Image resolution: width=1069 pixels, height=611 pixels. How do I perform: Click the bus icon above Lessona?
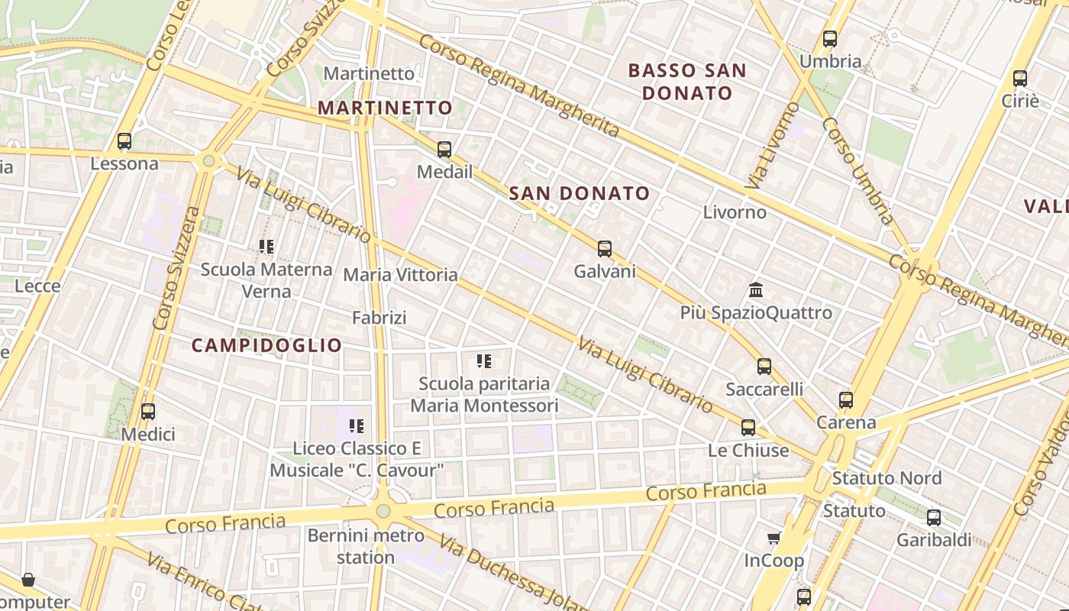pyautogui.click(x=124, y=141)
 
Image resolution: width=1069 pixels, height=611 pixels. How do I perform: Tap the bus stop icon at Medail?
pyautogui.click(x=444, y=150)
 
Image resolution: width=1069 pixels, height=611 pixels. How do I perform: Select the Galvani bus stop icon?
pyautogui.click(x=605, y=249)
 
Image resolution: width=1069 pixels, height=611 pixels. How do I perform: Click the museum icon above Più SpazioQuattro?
pyautogui.click(x=756, y=290)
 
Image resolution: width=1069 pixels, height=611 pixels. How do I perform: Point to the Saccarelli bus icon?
pyautogui.click(x=764, y=367)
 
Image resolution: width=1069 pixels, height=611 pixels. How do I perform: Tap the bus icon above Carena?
pyautogui.click(x=846, y=399)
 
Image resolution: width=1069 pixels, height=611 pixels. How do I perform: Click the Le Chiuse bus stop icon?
pyautogui.click(x=748, y=428)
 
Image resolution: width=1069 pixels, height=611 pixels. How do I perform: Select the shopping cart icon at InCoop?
pyautogui.click(x=774, y=538)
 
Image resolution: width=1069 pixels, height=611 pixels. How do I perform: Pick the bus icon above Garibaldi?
pyautogui.click(x=934, y=518)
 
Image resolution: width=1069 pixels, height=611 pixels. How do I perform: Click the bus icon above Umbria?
pyautogui.click(x=830, y=39)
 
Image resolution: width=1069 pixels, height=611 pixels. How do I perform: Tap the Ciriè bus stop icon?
pyautogui.click(x=1020, y=78)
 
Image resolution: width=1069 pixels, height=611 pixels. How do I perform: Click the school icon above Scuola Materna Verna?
pyautogui.click(x=266, y=247)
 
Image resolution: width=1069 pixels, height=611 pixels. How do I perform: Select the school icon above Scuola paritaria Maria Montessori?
pyautogui.click(x=484, y=361)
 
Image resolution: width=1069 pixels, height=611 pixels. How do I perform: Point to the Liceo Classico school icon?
pyautogui.click(x=357, y=425)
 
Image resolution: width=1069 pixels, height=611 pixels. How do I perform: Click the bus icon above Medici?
pyautogui.click(x=148, y=412)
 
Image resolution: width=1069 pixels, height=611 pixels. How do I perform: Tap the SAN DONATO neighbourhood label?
pyautogui.click(x=579, y=193)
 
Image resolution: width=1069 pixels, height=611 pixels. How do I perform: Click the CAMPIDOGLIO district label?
pyautogui.click(x=266, y=345)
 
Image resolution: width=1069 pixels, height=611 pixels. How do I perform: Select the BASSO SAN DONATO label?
pyautogui.click(x=687, y=82)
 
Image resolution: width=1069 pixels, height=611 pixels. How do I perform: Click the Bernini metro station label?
pyautogui.click(x=365, y=546)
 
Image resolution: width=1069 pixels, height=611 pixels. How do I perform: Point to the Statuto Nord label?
pyautogui.click(x=887, y=478)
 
